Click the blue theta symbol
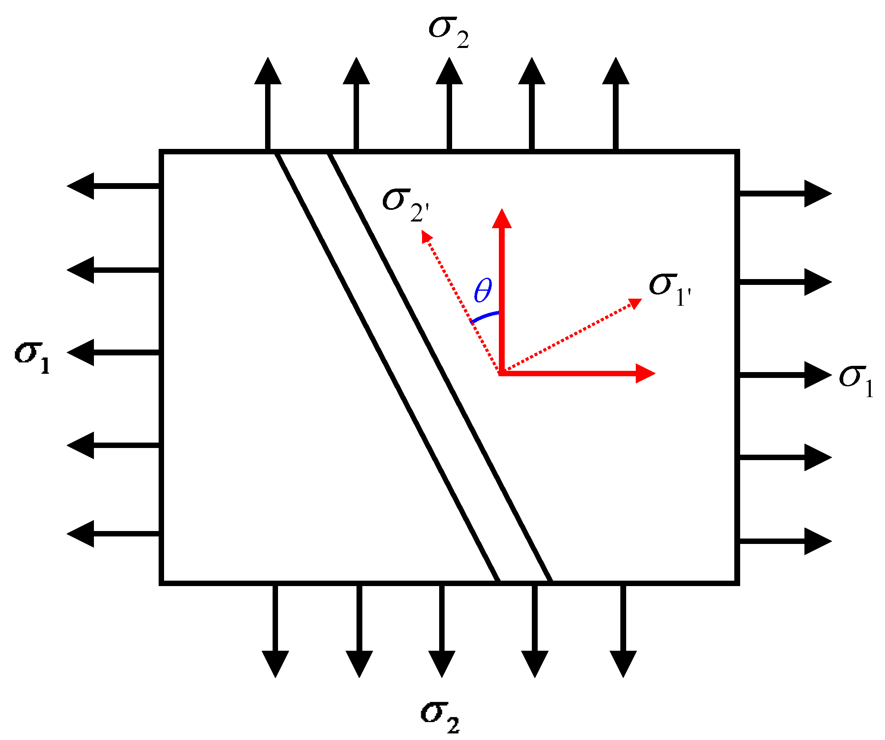pyautogui.click(x=483, y=291)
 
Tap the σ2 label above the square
pyautogui.click(x=449, y=33)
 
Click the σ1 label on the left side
pyautogui.click(x=33, y=358)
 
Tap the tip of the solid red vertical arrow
pyautogui.click(x=502, y=209)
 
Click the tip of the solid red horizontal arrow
pyautogui.click(x=655, y=373)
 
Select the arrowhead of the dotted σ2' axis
pyautogui.click(x=423, y=231)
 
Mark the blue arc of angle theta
pyautogui.click(x=484, y=316)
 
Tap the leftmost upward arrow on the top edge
pyautogui.click(x=268, y=103)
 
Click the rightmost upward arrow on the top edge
pyautogui.click(x=616, y=103)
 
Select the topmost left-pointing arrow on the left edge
pyautogui.click(x=113, y=186)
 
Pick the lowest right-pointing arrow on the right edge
pyautogui.click(x=786, y=541)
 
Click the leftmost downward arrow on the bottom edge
pyautogui.click(x=275, y=631)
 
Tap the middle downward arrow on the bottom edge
pyautogui.click(x=442, y=631)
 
